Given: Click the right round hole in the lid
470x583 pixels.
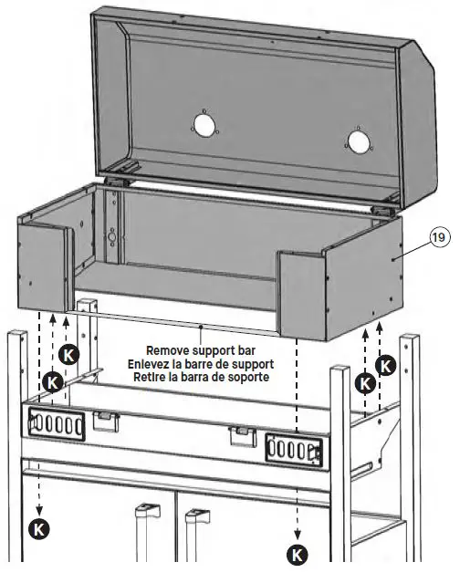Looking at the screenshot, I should [359, 141].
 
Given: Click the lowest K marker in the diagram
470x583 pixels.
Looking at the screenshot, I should [298, 552].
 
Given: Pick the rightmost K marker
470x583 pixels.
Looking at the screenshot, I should [386, 367].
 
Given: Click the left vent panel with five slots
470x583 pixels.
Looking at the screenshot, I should [57, 425].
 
